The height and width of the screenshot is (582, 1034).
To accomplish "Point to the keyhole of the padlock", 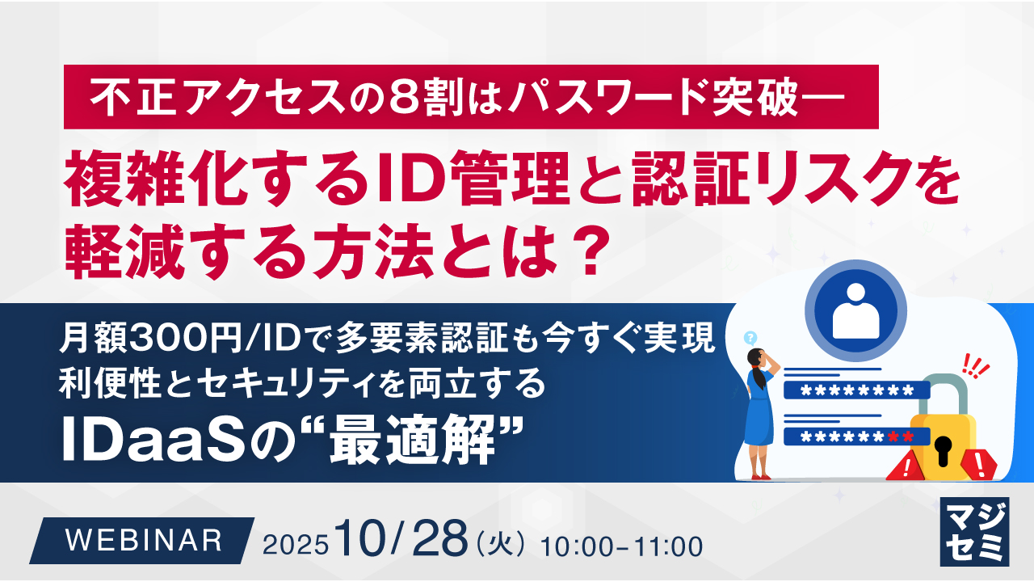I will click(x=944, y=445).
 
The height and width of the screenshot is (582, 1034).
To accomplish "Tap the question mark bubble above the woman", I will click(x=750, y=337).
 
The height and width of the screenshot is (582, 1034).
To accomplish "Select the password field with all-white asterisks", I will click(x=856, y=391).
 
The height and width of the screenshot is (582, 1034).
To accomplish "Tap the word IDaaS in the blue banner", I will click(x=146, y=442).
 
